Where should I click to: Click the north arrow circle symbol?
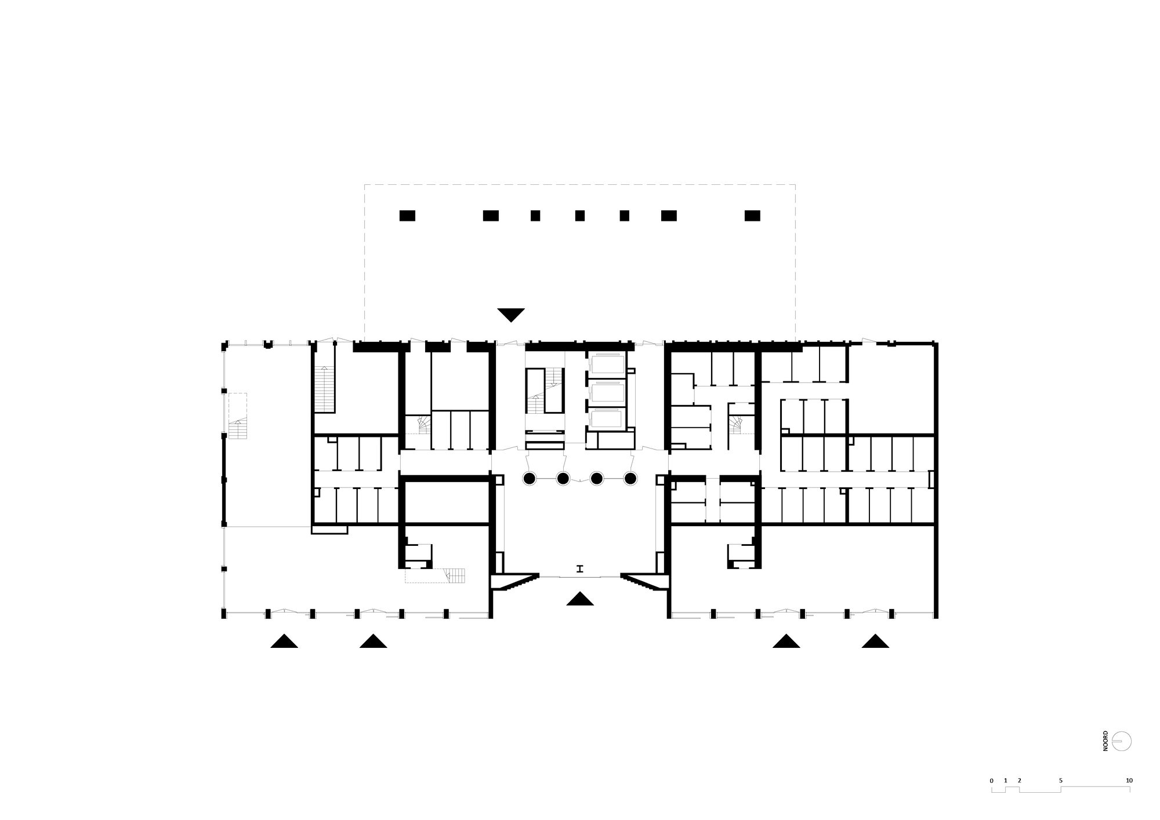[x=1122, y=741]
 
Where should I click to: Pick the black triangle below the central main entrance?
[x=580, y=599]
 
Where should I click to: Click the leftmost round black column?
[x=529, y=479]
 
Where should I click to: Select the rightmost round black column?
[x=630, y=479]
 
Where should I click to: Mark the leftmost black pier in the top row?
[x=407, y=216]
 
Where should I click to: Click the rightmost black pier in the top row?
[x=752, y=216]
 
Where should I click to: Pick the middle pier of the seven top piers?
[x=580, y=216]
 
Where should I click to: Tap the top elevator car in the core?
[x=607, y=365]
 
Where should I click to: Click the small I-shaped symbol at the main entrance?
[x=579, y=569]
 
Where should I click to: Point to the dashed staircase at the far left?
[x=237, y=416]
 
